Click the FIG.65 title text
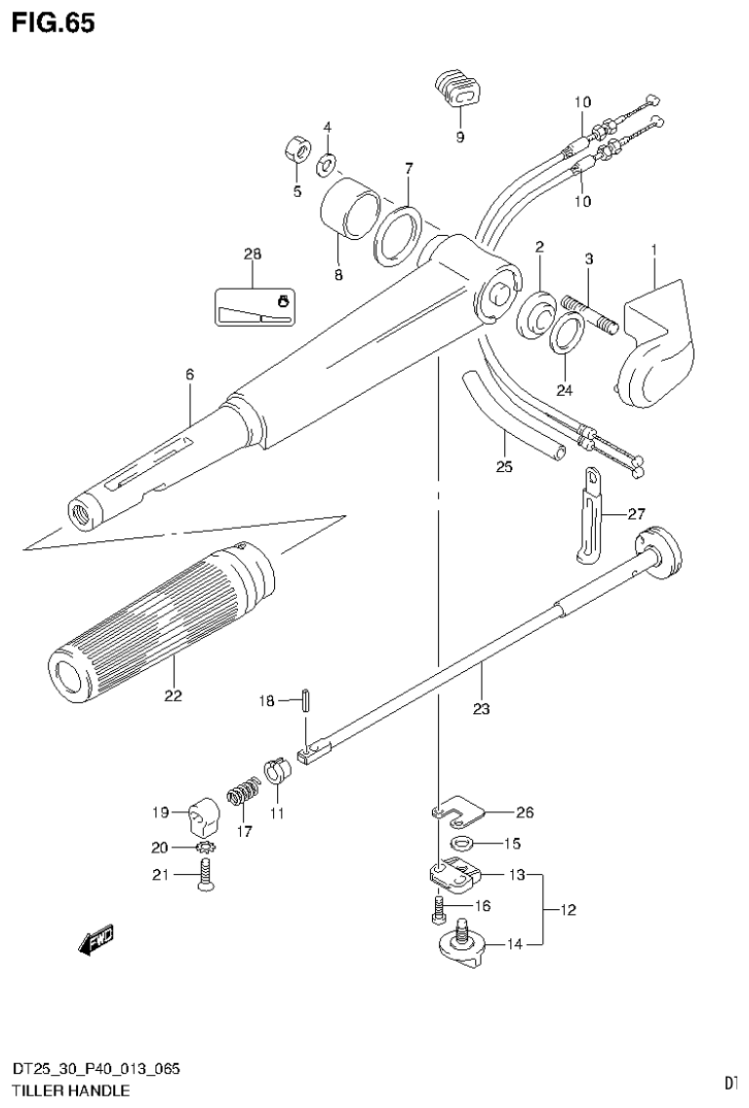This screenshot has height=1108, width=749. pos(54,23)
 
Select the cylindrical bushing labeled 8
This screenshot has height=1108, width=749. pos(349,207)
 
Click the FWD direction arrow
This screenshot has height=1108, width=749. pos(95,940)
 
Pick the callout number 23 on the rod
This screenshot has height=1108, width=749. pos(481,709)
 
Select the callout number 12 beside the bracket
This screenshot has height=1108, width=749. pos(568,910)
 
